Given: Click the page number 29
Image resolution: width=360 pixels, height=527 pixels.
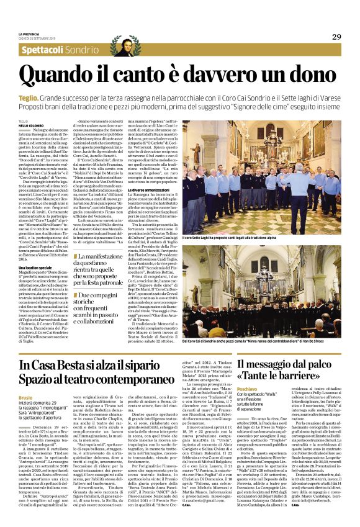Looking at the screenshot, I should coord(336,37).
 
